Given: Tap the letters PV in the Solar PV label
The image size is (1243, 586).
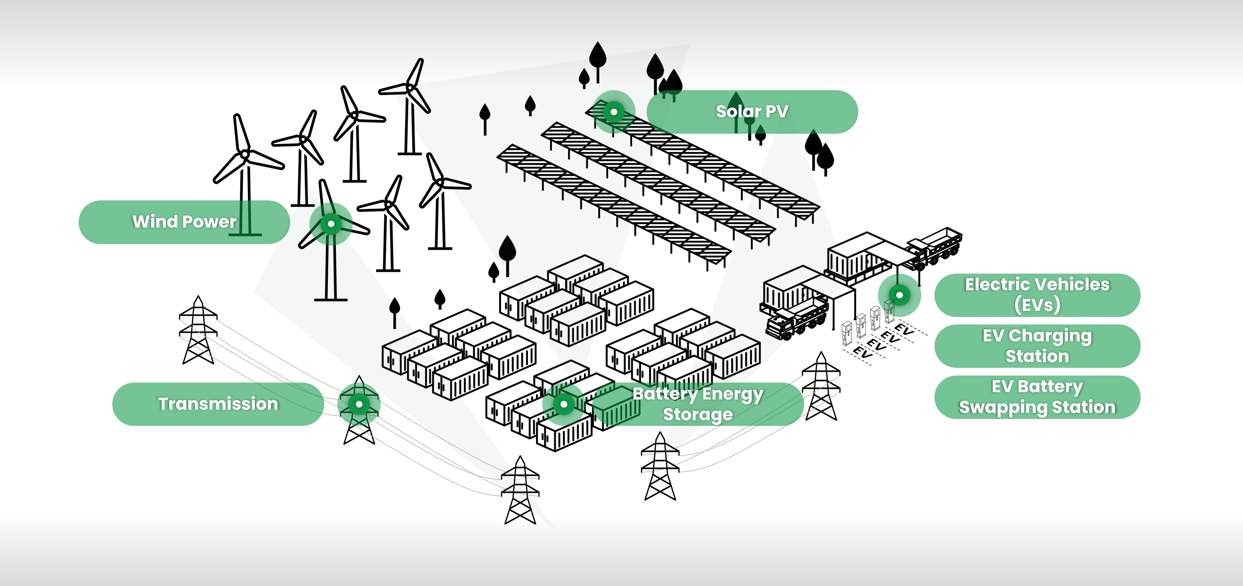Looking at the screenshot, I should pos(777,111).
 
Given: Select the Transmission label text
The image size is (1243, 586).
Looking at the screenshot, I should pos(218,404).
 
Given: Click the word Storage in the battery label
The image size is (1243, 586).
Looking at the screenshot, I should pos(698,414).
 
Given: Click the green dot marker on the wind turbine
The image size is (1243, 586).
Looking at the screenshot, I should pos(331,224).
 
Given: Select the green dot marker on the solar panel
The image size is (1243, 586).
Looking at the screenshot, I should pos(614,112).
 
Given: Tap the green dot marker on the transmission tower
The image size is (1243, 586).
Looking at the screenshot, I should pos(359,404).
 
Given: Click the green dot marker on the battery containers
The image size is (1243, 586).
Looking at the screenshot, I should pos(564,404).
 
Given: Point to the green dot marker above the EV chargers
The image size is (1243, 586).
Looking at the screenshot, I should pos(900,295).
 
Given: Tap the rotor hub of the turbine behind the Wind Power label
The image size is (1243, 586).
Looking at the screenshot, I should pos(245,155).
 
